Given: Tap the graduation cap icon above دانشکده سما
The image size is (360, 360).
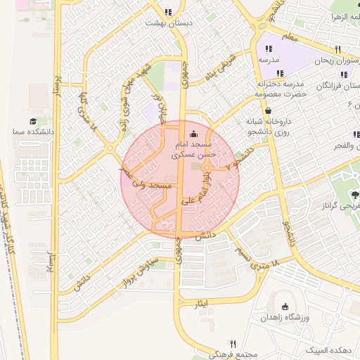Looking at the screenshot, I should click(x=33, y=122).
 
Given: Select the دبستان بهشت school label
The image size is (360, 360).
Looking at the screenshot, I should click(x=168, y=22).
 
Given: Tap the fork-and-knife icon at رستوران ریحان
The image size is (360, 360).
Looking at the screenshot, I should click(x=338, y=49).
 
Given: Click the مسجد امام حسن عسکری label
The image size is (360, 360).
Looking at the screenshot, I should click(x=194, y=146).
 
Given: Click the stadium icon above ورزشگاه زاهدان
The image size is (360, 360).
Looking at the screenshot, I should click(x=285, y=307).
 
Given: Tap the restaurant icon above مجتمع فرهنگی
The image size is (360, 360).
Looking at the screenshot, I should click(x=234, y=343).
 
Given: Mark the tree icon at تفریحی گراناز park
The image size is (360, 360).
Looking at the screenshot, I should click(x=354, y=195).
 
